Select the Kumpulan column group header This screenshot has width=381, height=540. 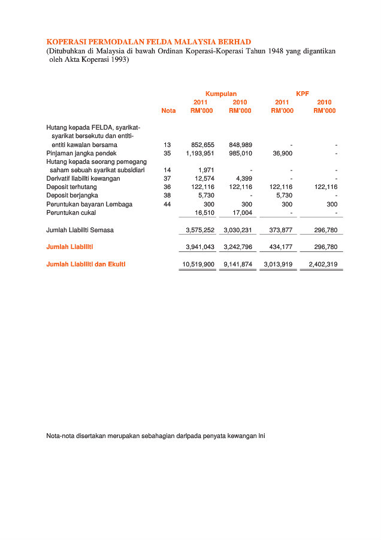click(221, 94)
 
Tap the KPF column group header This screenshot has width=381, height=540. click(303, 94)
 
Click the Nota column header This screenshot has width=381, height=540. click(168, 110)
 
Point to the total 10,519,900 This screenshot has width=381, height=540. click(198, 264)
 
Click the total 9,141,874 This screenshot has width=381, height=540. click(238, 264)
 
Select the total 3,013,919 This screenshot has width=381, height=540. click(278, 264)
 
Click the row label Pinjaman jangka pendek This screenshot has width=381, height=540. click(81, 153)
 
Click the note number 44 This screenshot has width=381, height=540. click(167, 204)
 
